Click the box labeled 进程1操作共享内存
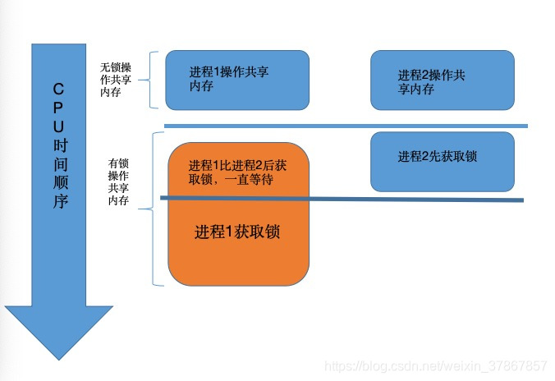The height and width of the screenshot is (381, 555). point(237,80)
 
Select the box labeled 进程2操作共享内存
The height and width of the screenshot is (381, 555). point(442,80)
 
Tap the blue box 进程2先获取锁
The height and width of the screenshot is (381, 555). point(442,161)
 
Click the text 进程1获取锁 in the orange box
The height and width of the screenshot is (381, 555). point(237,232)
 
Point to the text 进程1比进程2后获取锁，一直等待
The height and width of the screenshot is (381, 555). point(237,172)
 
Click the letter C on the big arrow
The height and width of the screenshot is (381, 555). point(59,88)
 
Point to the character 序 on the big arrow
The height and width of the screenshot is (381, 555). point(59,202)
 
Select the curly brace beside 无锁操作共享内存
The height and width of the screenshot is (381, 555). point(154,80)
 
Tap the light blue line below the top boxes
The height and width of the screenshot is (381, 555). point(345,126)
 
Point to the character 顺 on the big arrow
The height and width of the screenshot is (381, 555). point(59,183)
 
